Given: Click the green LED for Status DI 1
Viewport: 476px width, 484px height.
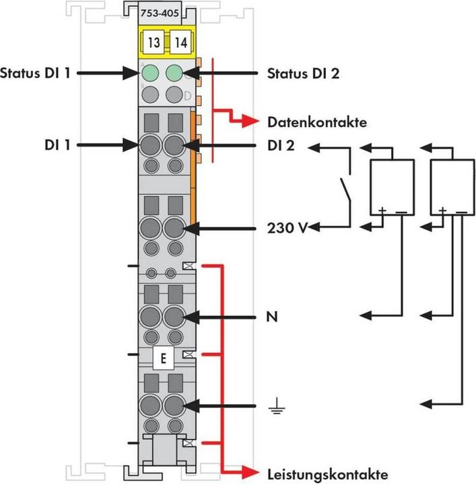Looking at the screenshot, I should tap(151, 72).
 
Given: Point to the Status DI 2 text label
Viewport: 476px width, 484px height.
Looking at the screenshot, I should tap(302, 72).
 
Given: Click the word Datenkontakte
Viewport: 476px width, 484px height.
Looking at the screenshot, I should tap(317, 122).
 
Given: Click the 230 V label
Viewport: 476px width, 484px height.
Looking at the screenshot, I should tap(285, 228).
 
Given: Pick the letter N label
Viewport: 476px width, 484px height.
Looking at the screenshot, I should tap(273, 315).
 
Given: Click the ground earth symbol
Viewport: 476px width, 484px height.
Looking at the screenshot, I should tap(273, 406).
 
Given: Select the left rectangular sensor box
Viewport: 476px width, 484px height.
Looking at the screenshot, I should tap(391, 187).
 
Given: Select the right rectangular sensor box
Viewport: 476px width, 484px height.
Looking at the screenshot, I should tap(450, 187).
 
